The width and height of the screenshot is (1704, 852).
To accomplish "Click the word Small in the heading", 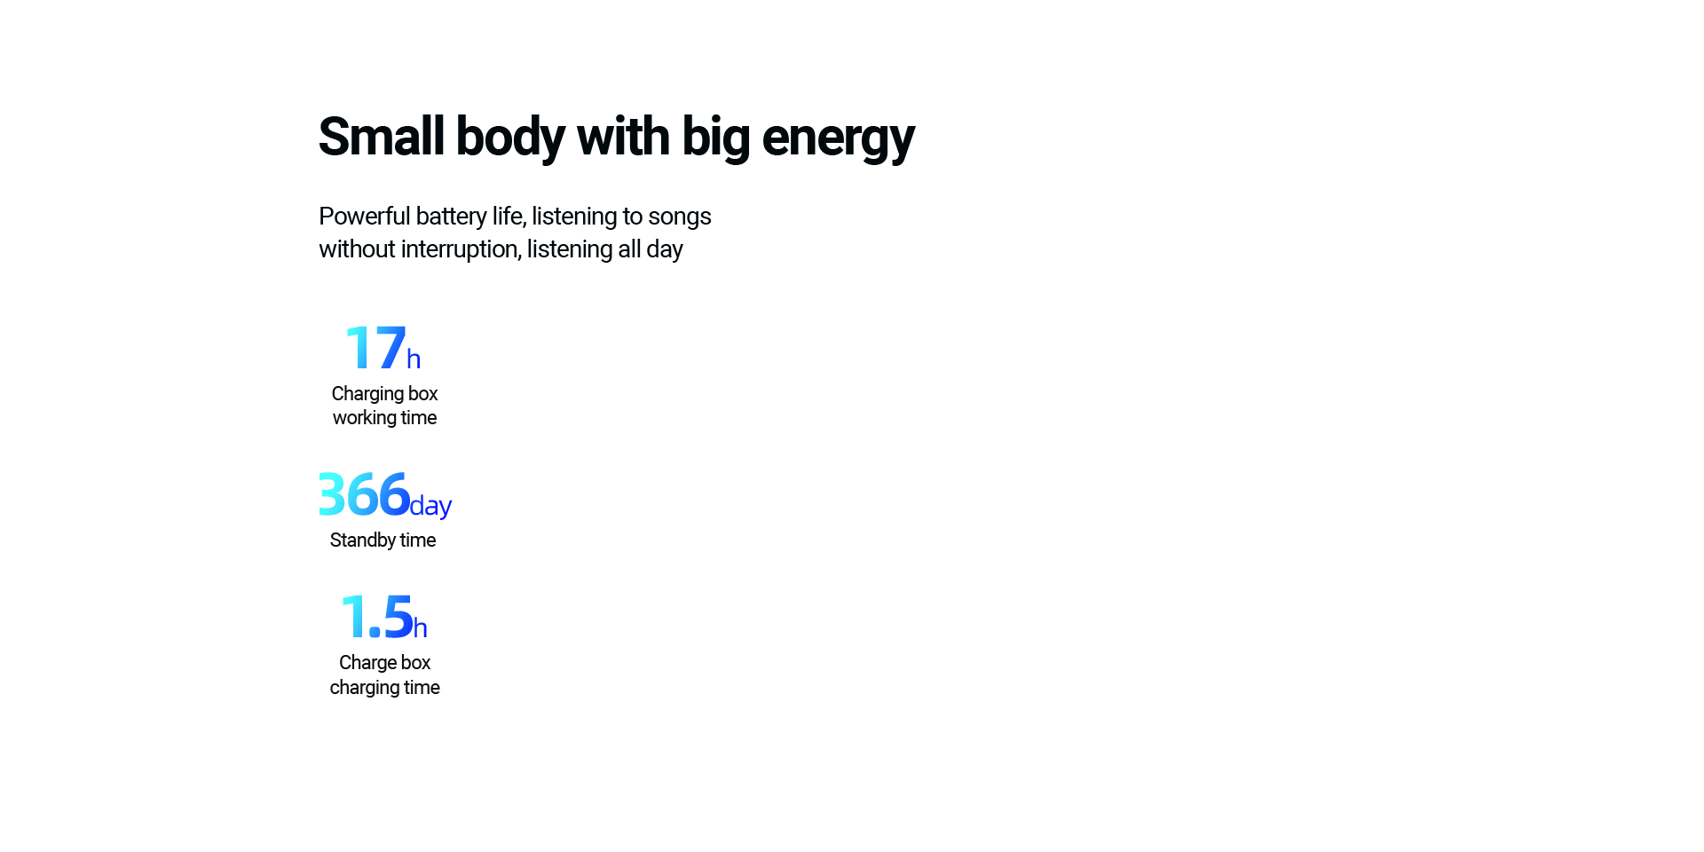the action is click(382, 137).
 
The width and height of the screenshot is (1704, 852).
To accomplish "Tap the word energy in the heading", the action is click(838, 140).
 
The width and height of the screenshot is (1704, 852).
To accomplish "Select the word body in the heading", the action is click(510, 138).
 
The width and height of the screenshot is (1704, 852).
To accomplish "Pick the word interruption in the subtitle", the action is click(461, 249).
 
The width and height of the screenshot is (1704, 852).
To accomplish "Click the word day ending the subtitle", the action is click(665, 250).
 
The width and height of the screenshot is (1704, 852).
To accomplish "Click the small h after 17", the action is click(414, 359).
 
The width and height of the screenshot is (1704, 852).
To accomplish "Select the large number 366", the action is click(364, 493).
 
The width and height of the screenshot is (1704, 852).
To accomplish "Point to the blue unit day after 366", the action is click(430, 506).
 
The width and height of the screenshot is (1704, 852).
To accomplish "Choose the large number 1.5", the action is click(377, 617).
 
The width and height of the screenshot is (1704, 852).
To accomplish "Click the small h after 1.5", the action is click(421, 628).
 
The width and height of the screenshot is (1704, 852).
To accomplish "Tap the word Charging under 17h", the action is click(367, 394).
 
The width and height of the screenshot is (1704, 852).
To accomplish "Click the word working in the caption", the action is click(364, 418).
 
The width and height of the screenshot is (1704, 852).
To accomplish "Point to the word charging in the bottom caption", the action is click(364, 688).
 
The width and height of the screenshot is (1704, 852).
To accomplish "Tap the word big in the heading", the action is click(715, 138).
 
